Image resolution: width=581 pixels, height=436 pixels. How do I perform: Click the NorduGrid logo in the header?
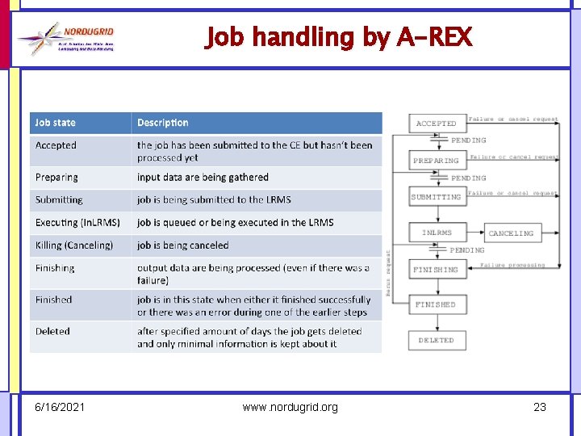coord(66,38)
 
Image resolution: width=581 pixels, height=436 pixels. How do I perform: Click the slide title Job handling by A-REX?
coord(339,36)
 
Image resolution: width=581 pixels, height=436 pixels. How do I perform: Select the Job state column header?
coord(56,123)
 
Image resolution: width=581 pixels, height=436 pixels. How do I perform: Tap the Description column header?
coord(162,123)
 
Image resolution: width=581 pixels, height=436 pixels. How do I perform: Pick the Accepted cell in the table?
coord(56,145)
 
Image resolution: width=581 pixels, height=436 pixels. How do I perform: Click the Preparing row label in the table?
coord(56,177)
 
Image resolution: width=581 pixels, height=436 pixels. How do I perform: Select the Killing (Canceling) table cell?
coord(74,245)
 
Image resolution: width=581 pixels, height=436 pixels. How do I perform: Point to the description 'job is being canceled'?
coord(182,245)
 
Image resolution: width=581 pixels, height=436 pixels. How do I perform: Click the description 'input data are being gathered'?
coord(203,177)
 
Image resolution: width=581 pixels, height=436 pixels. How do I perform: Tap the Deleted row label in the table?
coord(52,331)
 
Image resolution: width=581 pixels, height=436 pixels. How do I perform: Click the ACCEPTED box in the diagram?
coord(437,124)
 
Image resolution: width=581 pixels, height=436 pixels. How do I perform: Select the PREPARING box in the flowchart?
coord(436,161)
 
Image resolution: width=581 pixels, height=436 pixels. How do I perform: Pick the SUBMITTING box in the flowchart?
coord(437,197)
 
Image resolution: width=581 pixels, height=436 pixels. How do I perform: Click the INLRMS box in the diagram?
coord(437,233)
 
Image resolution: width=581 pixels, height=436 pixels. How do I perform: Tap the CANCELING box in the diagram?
coord(512,233)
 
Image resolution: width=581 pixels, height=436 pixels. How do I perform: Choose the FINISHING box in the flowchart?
coord(436,270)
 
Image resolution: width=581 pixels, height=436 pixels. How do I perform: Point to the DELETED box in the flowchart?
coord(437,340)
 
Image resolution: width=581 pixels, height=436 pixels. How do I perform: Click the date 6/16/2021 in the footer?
coord(60,407)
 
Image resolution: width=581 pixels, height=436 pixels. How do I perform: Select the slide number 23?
coord(540,407)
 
